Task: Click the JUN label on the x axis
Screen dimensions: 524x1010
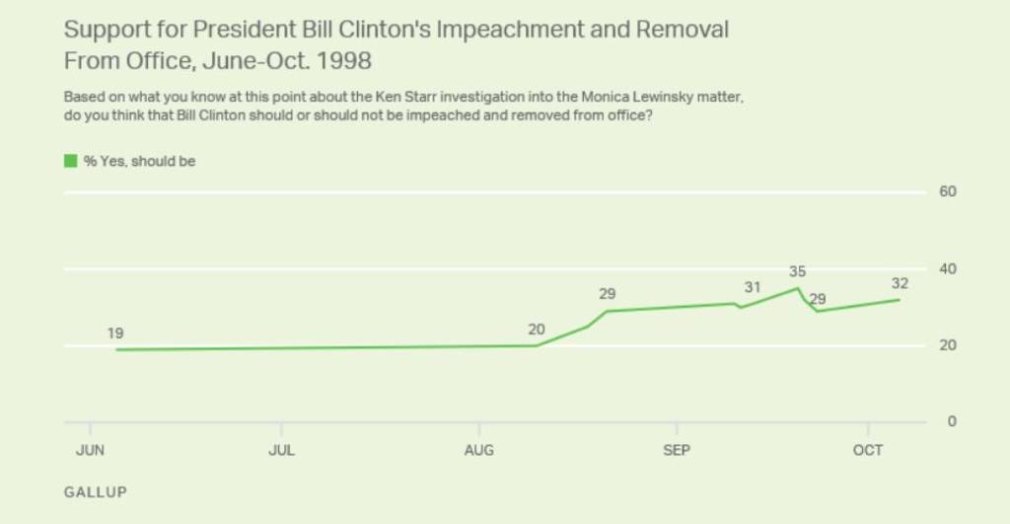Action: click(90, 451)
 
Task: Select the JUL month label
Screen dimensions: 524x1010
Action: click(282, 451)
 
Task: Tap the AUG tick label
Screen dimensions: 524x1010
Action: click(479, 451)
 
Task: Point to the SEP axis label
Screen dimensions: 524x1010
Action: click(677, 451)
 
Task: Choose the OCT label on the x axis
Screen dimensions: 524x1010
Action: click(868, 451)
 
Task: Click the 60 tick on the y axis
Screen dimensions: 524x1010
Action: click(947, 191)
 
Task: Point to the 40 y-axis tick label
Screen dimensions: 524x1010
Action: click(947, 268)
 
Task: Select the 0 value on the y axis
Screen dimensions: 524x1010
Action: click(951, 421)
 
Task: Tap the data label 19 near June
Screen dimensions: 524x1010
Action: click(115, 335)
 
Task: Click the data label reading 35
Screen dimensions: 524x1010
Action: click(798, 271)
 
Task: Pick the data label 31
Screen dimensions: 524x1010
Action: click(753, 288)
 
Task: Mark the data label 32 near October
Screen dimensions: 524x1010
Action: click(899, 284)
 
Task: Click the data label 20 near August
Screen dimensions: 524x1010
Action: click(536, 330)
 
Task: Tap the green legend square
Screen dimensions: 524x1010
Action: click(70, 161)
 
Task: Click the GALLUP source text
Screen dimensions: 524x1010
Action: click(96, 491)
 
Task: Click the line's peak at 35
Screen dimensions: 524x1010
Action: click(797, 288)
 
